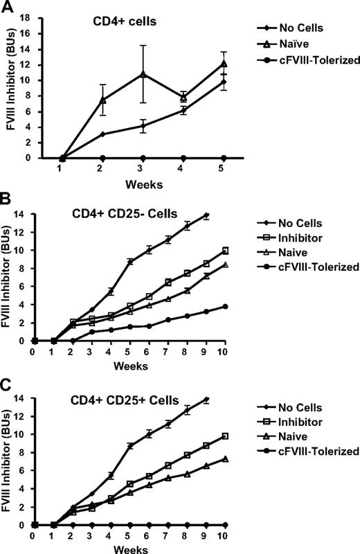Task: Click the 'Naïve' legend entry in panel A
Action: pyautogui.click(x=285, y=44)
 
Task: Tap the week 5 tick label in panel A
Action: pyautogui.click(x=223, y=170)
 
